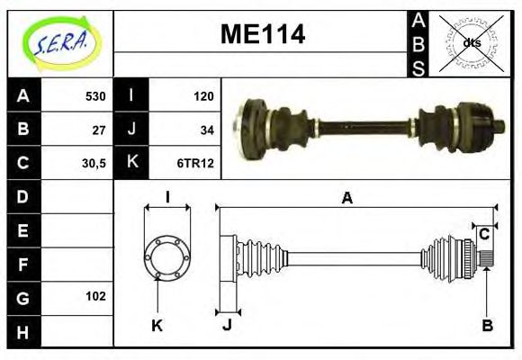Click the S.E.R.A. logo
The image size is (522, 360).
point(60,40)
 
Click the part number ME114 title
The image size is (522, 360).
point(263,35)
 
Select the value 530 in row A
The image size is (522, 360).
point(94,96)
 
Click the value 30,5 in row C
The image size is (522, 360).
point(94,164)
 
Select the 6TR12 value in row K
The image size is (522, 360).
point(195,164)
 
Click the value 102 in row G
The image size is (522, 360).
point(95,296)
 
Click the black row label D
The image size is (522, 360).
point(23,196)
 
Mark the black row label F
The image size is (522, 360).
point(23,265)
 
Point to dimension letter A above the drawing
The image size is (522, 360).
point(346,199)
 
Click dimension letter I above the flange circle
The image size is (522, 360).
point(167,197)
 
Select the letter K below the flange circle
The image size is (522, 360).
point(157,326)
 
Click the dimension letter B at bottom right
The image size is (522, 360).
point(487,326)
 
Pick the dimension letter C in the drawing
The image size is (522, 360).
point(484,234)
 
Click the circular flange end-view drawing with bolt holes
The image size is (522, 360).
point(167,255)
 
